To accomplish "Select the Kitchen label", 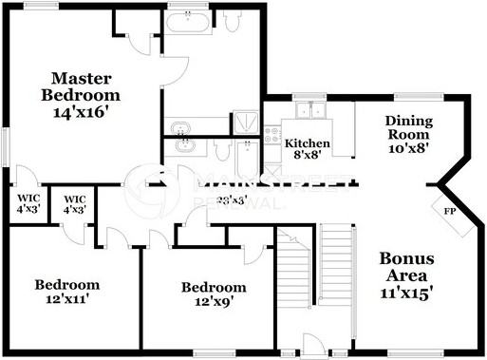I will [x=308, y=143].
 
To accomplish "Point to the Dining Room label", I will [x=409, y=128].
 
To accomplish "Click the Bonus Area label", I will [x=406, y=267].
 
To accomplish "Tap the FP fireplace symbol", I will [x=447, y=211].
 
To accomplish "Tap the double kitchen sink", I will [x=309, y=111].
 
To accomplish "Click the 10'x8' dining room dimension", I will [x=409, y=147].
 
